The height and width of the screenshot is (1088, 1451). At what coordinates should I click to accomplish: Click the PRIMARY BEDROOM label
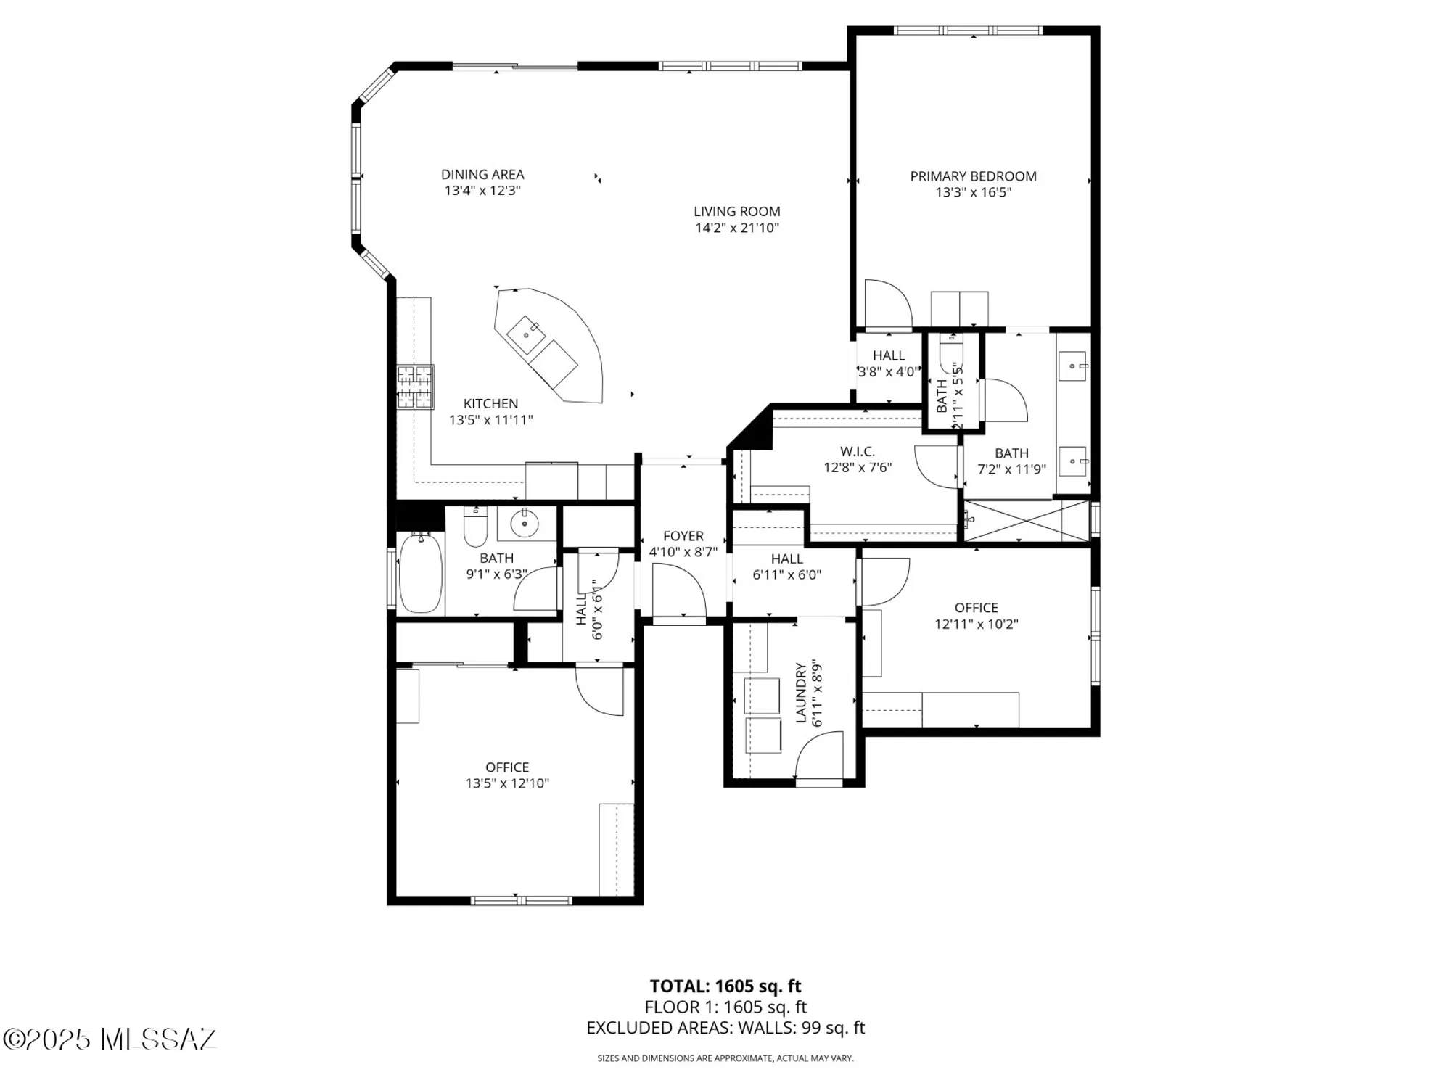[973, 176]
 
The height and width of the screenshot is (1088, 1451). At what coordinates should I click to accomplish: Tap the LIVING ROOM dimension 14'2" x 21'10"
[736, 228]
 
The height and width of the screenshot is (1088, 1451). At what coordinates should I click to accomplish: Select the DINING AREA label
[482, 174]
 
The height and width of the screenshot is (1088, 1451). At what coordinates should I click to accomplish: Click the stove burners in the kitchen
[415, 387]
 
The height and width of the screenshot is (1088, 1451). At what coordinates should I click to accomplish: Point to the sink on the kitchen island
[526, 334]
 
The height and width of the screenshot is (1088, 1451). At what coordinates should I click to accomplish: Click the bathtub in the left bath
[420, 573]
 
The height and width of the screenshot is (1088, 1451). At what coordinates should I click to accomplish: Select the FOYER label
[683, 536]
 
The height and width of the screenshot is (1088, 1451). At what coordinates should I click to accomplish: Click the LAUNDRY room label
[801, 692]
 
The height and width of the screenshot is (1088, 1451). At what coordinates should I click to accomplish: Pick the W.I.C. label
[858, 452]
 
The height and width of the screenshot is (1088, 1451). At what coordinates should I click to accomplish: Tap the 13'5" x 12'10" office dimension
[507, 783]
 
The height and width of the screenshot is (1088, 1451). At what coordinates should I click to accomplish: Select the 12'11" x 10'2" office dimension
[976, 624]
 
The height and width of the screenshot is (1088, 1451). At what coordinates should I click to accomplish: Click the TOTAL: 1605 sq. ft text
[725, 986]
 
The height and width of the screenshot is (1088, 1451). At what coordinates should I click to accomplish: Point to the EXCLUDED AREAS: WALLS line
[725, 1028]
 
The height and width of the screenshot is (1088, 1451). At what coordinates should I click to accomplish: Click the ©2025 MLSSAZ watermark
[110, 1039]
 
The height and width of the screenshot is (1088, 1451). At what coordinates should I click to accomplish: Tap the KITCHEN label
[490, 404]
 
